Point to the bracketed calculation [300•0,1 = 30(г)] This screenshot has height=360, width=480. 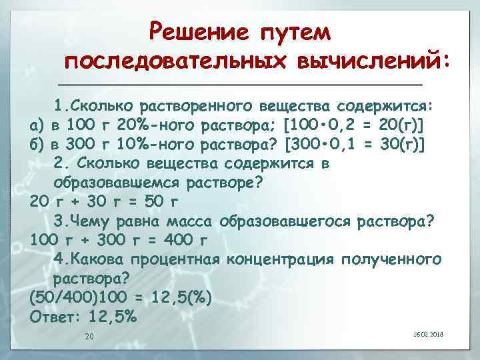click(355, 144)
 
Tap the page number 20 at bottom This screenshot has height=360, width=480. click(89, 336)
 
